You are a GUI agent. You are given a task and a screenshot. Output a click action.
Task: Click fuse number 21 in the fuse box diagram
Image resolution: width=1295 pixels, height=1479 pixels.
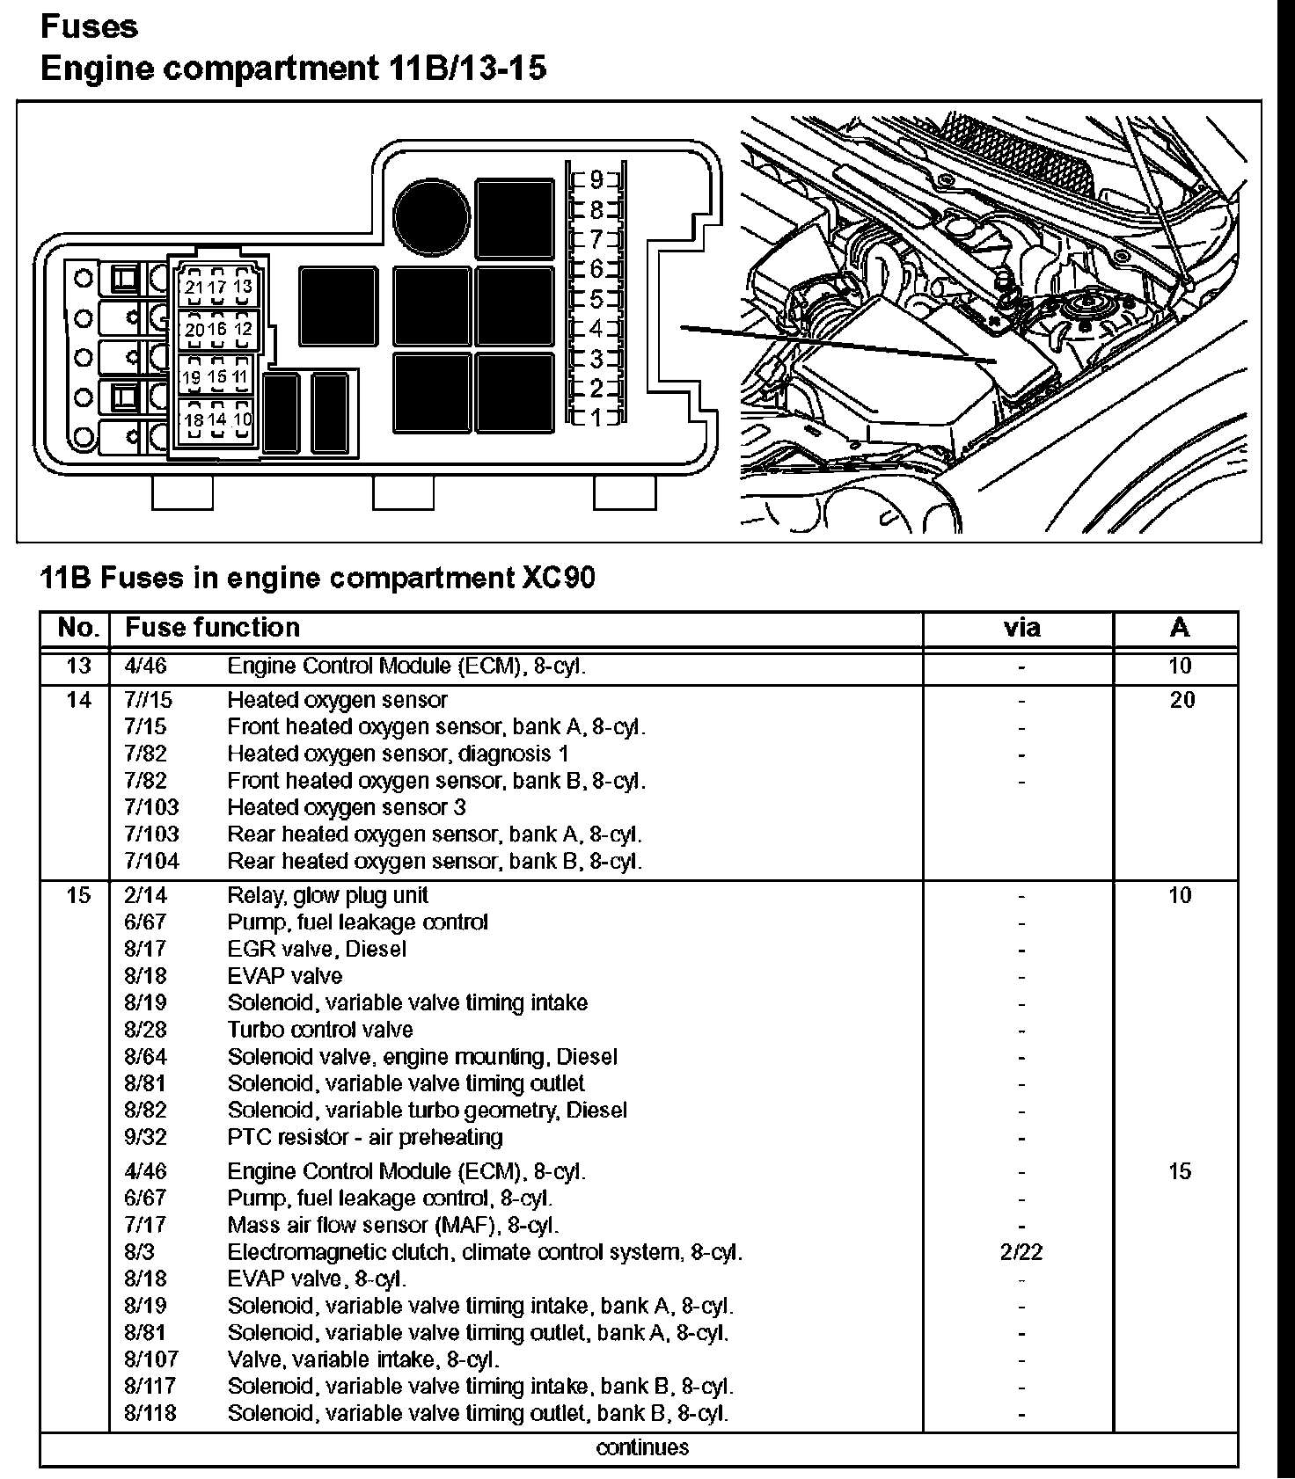pyautogui.click(x=194, y=287)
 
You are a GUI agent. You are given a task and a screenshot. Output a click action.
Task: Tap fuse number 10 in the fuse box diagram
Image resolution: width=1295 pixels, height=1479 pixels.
pyautogui.click(x=243, y=419)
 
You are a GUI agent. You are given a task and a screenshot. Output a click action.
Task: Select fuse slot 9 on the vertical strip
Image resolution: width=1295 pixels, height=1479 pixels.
pyautogui.click(x=596, y=180)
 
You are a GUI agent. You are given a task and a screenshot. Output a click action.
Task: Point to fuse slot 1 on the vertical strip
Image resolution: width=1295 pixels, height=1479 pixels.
pyautogui.click(x=596, y=418)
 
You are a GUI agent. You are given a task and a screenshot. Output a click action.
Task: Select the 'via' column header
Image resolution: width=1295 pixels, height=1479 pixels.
pyautogui.click(x=1021, y=628)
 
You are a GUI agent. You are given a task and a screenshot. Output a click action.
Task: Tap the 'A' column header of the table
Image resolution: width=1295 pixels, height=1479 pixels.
pyautogui.click(x=1180, y=628)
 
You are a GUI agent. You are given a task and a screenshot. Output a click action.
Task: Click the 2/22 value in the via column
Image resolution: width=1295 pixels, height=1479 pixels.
pyautogui.click(x=1021, y=1252)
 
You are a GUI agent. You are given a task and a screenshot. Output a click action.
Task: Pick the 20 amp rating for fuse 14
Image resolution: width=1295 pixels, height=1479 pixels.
pyautogui.click(x=1182, y=700)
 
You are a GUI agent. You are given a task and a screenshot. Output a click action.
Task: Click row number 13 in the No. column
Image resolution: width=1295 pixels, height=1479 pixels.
pyautogui.click(x=78, y=666)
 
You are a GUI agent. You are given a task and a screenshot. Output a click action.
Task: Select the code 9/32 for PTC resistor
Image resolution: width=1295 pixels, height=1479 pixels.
pyautogui.click(x=145, y=1137)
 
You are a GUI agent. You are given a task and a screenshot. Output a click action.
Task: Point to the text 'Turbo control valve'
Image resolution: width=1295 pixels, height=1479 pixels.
pyautogui.click(x=319, y=1030)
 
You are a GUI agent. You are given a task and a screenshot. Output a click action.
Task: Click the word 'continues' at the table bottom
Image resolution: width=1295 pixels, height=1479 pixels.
pyautogui.click(x=642, y=1447)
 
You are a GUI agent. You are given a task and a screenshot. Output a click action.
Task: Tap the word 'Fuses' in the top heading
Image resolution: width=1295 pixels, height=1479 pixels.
pyautogui.click(x=89, y=26)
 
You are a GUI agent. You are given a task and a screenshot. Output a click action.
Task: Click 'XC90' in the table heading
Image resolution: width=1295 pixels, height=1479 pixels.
pyautogui.click(x=557, y=578)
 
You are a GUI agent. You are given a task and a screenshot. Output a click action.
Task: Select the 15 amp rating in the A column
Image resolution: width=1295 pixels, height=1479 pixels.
pyautogui.click(x=1180, y=1171)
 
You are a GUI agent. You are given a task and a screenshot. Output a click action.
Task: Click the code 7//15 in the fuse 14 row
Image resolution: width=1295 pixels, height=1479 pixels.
pyautogui.click(x=149, y=700)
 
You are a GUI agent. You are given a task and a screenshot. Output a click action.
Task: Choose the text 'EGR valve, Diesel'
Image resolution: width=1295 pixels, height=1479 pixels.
pyautogui.click(x=317, y=949)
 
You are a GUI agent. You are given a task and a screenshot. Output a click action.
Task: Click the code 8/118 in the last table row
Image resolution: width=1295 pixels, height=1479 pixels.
pyautogui.click(x=150, y=1413)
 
